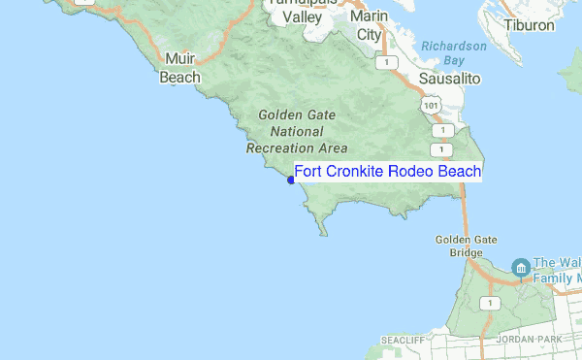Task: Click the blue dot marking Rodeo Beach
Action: [x=291, y=180]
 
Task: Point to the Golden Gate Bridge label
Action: [x=459, y=245]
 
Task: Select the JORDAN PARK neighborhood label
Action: [x=529, y=341]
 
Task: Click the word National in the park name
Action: [x=297, y=131]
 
